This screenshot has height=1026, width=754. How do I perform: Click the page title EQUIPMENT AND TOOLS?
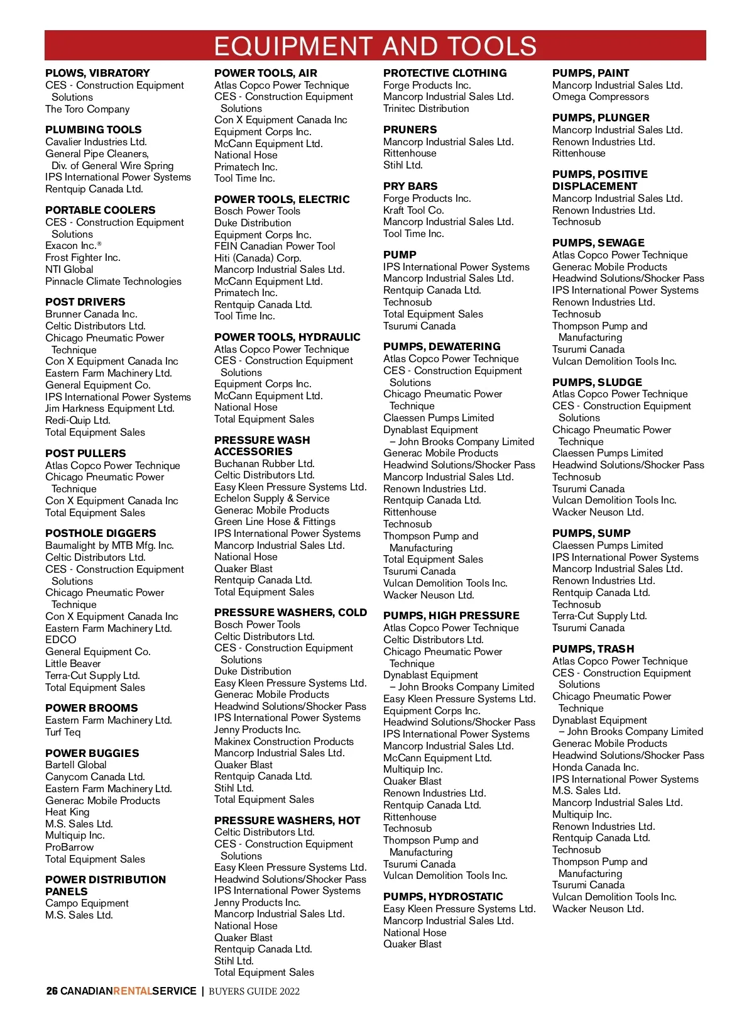pos(375,47)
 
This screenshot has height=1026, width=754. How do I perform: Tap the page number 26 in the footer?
pos(52,991)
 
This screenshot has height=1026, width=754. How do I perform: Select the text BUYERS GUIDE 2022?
pos(254,991)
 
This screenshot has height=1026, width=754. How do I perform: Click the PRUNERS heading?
pos(410,130)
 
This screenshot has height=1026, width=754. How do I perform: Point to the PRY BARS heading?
pos(410,186)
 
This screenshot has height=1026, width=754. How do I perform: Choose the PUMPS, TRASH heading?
pos(593,649)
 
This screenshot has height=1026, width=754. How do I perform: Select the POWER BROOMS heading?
pos(91,708)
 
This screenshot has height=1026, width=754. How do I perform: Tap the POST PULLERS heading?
pos(85,453)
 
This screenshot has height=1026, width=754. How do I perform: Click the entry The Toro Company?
pos(87,109)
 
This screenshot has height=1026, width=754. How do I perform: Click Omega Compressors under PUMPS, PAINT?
pos(600,97)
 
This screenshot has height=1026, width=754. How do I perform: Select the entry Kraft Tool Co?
pos(413,210)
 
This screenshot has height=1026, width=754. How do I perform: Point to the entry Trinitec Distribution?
pos(426,109)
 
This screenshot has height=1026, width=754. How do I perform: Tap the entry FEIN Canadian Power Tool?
pos(275,246)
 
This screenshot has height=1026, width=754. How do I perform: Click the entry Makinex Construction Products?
pos(283,741)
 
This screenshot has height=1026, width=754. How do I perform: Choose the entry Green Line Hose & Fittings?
pos(275,521)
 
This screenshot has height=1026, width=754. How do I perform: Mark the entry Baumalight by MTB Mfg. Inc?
pos(109,545)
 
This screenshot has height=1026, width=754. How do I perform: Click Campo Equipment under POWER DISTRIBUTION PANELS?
pos(87,903)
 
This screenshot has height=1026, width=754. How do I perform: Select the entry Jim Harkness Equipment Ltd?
pos(109,408)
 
